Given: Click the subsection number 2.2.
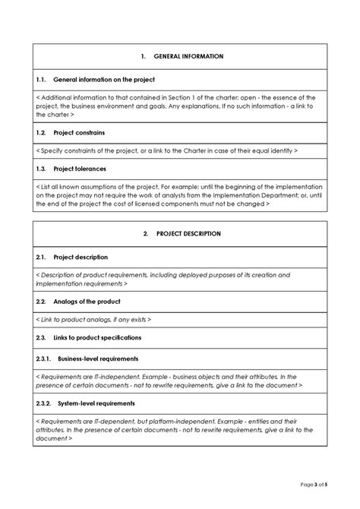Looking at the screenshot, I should point(42,302).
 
